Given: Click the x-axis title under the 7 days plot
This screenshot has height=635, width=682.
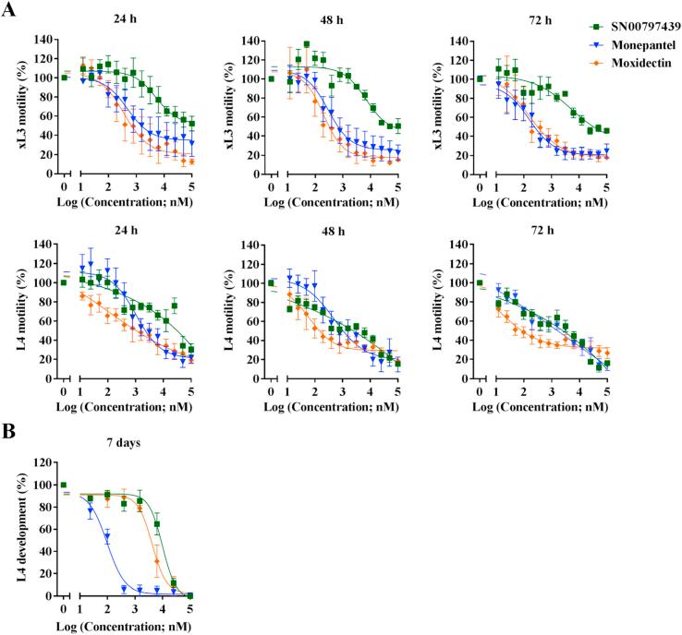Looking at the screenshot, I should click(127, 628).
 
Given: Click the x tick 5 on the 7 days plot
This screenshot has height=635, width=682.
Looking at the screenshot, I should click(190, 610).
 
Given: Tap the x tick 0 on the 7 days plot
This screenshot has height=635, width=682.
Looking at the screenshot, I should click(63, 610).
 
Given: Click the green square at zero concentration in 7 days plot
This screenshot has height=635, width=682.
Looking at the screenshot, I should click(63, 485).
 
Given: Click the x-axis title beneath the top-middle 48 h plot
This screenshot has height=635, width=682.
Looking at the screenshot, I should click(333, 204).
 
